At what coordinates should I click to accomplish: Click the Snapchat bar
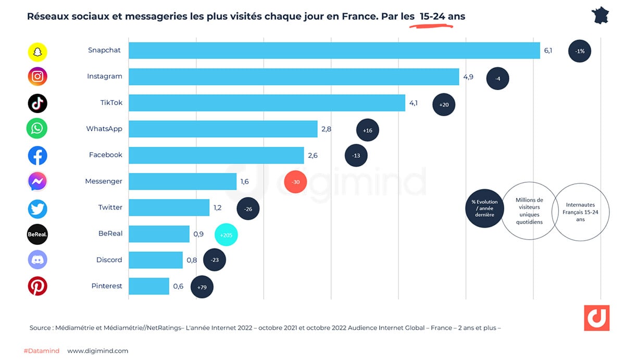click(x=333, y=50)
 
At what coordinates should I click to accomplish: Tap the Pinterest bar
click(x=149, y=286)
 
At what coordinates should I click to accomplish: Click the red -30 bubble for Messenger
click(x=295, y=182)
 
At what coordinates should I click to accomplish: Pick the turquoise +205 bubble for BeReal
click(x=227, y=235)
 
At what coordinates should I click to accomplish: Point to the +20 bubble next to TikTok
click(x=444, y=105)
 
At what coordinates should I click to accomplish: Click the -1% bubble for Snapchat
click(x=580, y=51)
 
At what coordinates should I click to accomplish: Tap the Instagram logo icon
click(x=37, y=77)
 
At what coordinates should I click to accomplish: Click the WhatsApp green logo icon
click(x=37, y=129)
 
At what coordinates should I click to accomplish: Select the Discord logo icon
click(x=37, y=259)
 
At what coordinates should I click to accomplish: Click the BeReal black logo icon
click(x=37, y=234)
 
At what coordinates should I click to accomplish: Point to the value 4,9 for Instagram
click(x=468, y=77)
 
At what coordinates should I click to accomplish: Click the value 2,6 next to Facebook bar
click(x=313, y=155)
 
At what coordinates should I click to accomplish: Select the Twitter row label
click(x=110, y=207)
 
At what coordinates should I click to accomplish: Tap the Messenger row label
click(x=104, y=181)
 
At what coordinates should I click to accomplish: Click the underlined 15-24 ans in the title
click(x=442, y=17)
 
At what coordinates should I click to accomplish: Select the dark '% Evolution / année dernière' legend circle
click(x=484, y=208)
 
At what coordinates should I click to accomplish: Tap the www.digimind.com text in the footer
click(x=97, y=351)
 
